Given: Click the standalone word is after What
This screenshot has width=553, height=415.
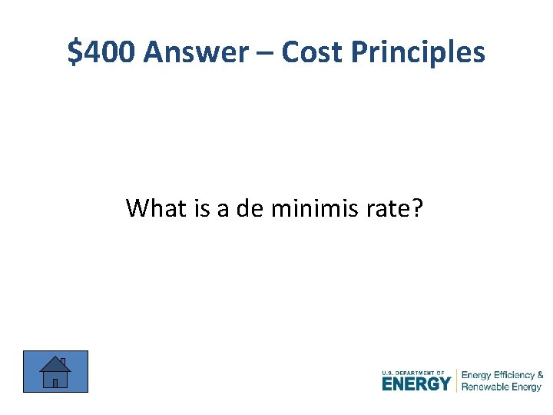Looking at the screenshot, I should [203, 207].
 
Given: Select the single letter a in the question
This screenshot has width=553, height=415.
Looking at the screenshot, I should [224, 209].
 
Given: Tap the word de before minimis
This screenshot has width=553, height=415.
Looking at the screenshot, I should [250, 207].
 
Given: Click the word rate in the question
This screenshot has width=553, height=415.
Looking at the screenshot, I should [391, 208].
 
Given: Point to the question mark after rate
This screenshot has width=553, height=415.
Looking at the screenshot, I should [417, 207].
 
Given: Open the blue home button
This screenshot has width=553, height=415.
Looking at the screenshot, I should [55, 371].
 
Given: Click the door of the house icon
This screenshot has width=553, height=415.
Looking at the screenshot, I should [55, 382].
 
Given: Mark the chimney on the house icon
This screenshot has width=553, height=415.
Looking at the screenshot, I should [62, 361].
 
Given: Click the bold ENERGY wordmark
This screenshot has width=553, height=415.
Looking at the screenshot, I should [416, 383].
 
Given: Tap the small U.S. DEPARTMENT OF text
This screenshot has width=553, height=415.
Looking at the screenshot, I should [412, 373].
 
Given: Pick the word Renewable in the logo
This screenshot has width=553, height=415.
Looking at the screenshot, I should [485, 387].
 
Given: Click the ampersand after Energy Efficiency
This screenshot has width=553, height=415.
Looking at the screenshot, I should [540, 375].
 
